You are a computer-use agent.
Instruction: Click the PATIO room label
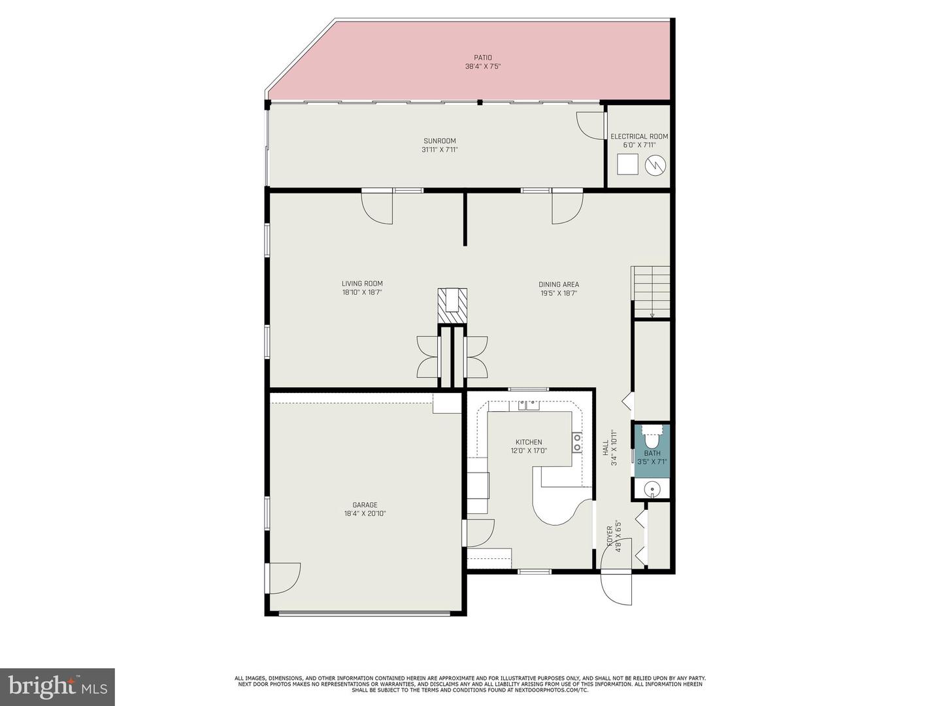point(483,58)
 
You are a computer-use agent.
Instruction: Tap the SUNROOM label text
point(439,141)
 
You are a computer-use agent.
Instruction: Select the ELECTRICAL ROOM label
point(639,137)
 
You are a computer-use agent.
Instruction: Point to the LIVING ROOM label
point(362,284)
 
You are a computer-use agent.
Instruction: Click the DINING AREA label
point(559,284)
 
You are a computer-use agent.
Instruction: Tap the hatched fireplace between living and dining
point(453,305)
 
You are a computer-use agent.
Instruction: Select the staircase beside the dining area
point(651,292)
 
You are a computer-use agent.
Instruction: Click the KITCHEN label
point(529,442)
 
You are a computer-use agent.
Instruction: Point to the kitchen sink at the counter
point(529,405)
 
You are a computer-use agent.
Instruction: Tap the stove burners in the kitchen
point(578,443)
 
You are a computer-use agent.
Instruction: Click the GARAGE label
point(365,505)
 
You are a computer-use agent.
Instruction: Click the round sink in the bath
point(652,488)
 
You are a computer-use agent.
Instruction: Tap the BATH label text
point(652,453)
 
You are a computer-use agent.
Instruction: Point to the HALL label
point(606,448)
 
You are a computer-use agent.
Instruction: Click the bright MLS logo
point(58,686)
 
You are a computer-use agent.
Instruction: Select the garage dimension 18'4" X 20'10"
point(365,514)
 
